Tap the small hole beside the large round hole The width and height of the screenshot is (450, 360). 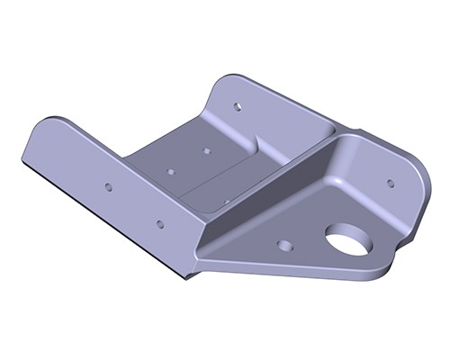pyautogui.click(x=285, y=244)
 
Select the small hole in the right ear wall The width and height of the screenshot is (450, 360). pyautogui.click(x=390, y=183)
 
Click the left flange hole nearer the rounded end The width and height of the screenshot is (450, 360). pyautogui.click(x=108, y=187)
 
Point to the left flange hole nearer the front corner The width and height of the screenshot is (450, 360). pyautogui.click(x=159, y=223)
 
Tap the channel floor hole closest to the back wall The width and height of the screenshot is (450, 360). pyautogui.click(x=206, y=150)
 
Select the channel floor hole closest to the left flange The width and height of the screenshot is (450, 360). pyautogui.click(x=170, y=170)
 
